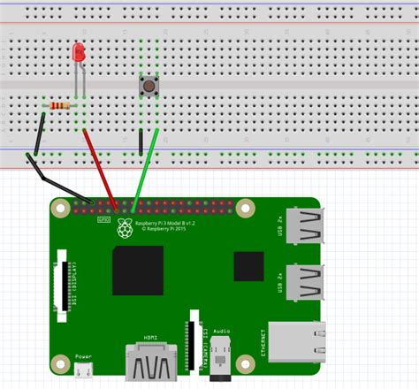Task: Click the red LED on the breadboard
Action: click(79, 53)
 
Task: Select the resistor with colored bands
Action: click(59, 107)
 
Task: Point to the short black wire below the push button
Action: click(141, 141)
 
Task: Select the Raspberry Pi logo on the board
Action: click(124, 229)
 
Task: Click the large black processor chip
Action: click(137, 270)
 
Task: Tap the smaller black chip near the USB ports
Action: click(248, 266)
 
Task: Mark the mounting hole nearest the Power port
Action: click(60, 362)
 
